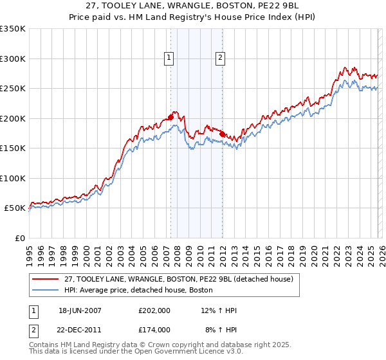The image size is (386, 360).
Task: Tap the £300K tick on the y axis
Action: click(13, 59)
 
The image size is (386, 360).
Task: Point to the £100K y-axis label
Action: click(13, 178)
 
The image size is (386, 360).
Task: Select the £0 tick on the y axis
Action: click(19, 238)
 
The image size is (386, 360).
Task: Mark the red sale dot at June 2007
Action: click(170, 117)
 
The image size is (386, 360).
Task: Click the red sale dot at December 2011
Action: click(222, 134)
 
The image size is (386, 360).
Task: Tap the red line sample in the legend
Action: click(45, 279)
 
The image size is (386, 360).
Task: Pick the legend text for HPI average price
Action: click(139, 291)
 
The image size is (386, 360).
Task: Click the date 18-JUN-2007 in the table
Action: click(80, 310)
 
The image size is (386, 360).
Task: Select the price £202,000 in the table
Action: click(154, 310)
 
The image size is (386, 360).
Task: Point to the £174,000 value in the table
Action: click(154, 329)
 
